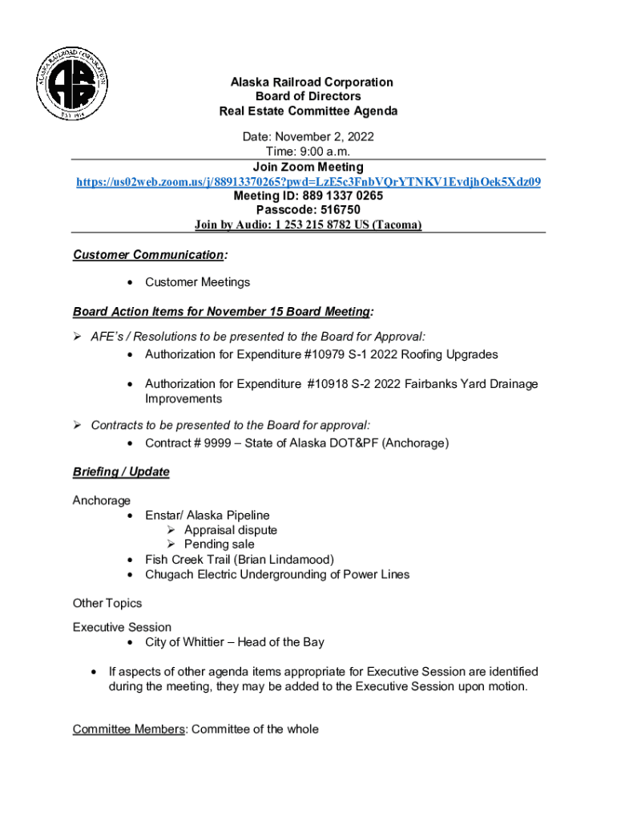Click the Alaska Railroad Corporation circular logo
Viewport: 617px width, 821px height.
[x=72, y=83]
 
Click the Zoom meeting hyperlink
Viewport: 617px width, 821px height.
[x=308, y=182]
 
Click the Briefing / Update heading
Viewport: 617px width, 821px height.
[x=121, y=471]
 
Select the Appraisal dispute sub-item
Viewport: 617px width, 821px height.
[x=231, y=530]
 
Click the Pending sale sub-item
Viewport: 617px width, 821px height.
[x=220, y=544]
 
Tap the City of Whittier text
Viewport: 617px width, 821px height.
[x=188, y=642]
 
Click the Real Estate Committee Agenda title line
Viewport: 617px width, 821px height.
[x=308, y=111]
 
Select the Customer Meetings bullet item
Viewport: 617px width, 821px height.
[x=197, y=282]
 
